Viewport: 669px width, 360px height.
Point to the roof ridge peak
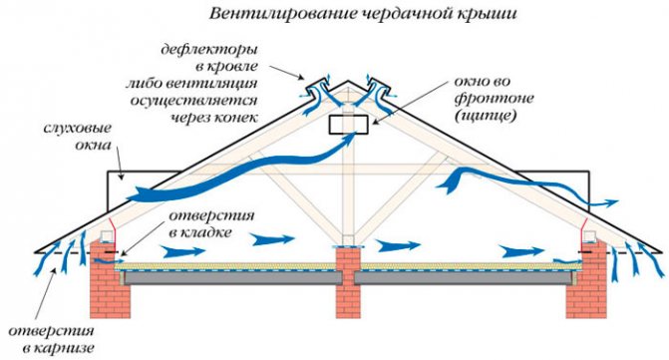348,81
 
